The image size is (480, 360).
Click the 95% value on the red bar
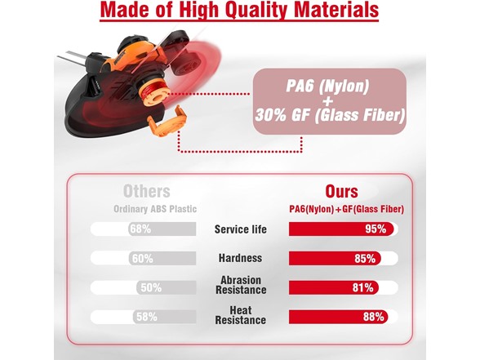point(376,229)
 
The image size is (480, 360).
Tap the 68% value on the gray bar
point(140,229)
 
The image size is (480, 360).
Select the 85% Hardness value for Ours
point(365,259)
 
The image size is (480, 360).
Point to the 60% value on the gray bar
point(142,259)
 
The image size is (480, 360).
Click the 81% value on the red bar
point(363,287)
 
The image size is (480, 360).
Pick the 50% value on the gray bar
point(151,287)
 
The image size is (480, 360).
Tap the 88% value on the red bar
point(374,317)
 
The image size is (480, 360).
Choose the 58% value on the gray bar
point(147,317)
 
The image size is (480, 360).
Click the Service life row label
point(240,229)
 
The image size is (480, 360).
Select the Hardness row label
point(240,258)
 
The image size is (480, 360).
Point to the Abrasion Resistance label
point(241,285)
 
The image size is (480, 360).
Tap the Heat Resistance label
point(241,315)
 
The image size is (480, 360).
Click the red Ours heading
point(341,192)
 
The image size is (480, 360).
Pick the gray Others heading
point(147,192)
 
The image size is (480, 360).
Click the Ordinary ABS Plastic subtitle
point(155,209)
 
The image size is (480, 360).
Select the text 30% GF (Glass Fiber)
point(330,115)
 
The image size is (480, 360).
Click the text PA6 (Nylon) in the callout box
point(327,86)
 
